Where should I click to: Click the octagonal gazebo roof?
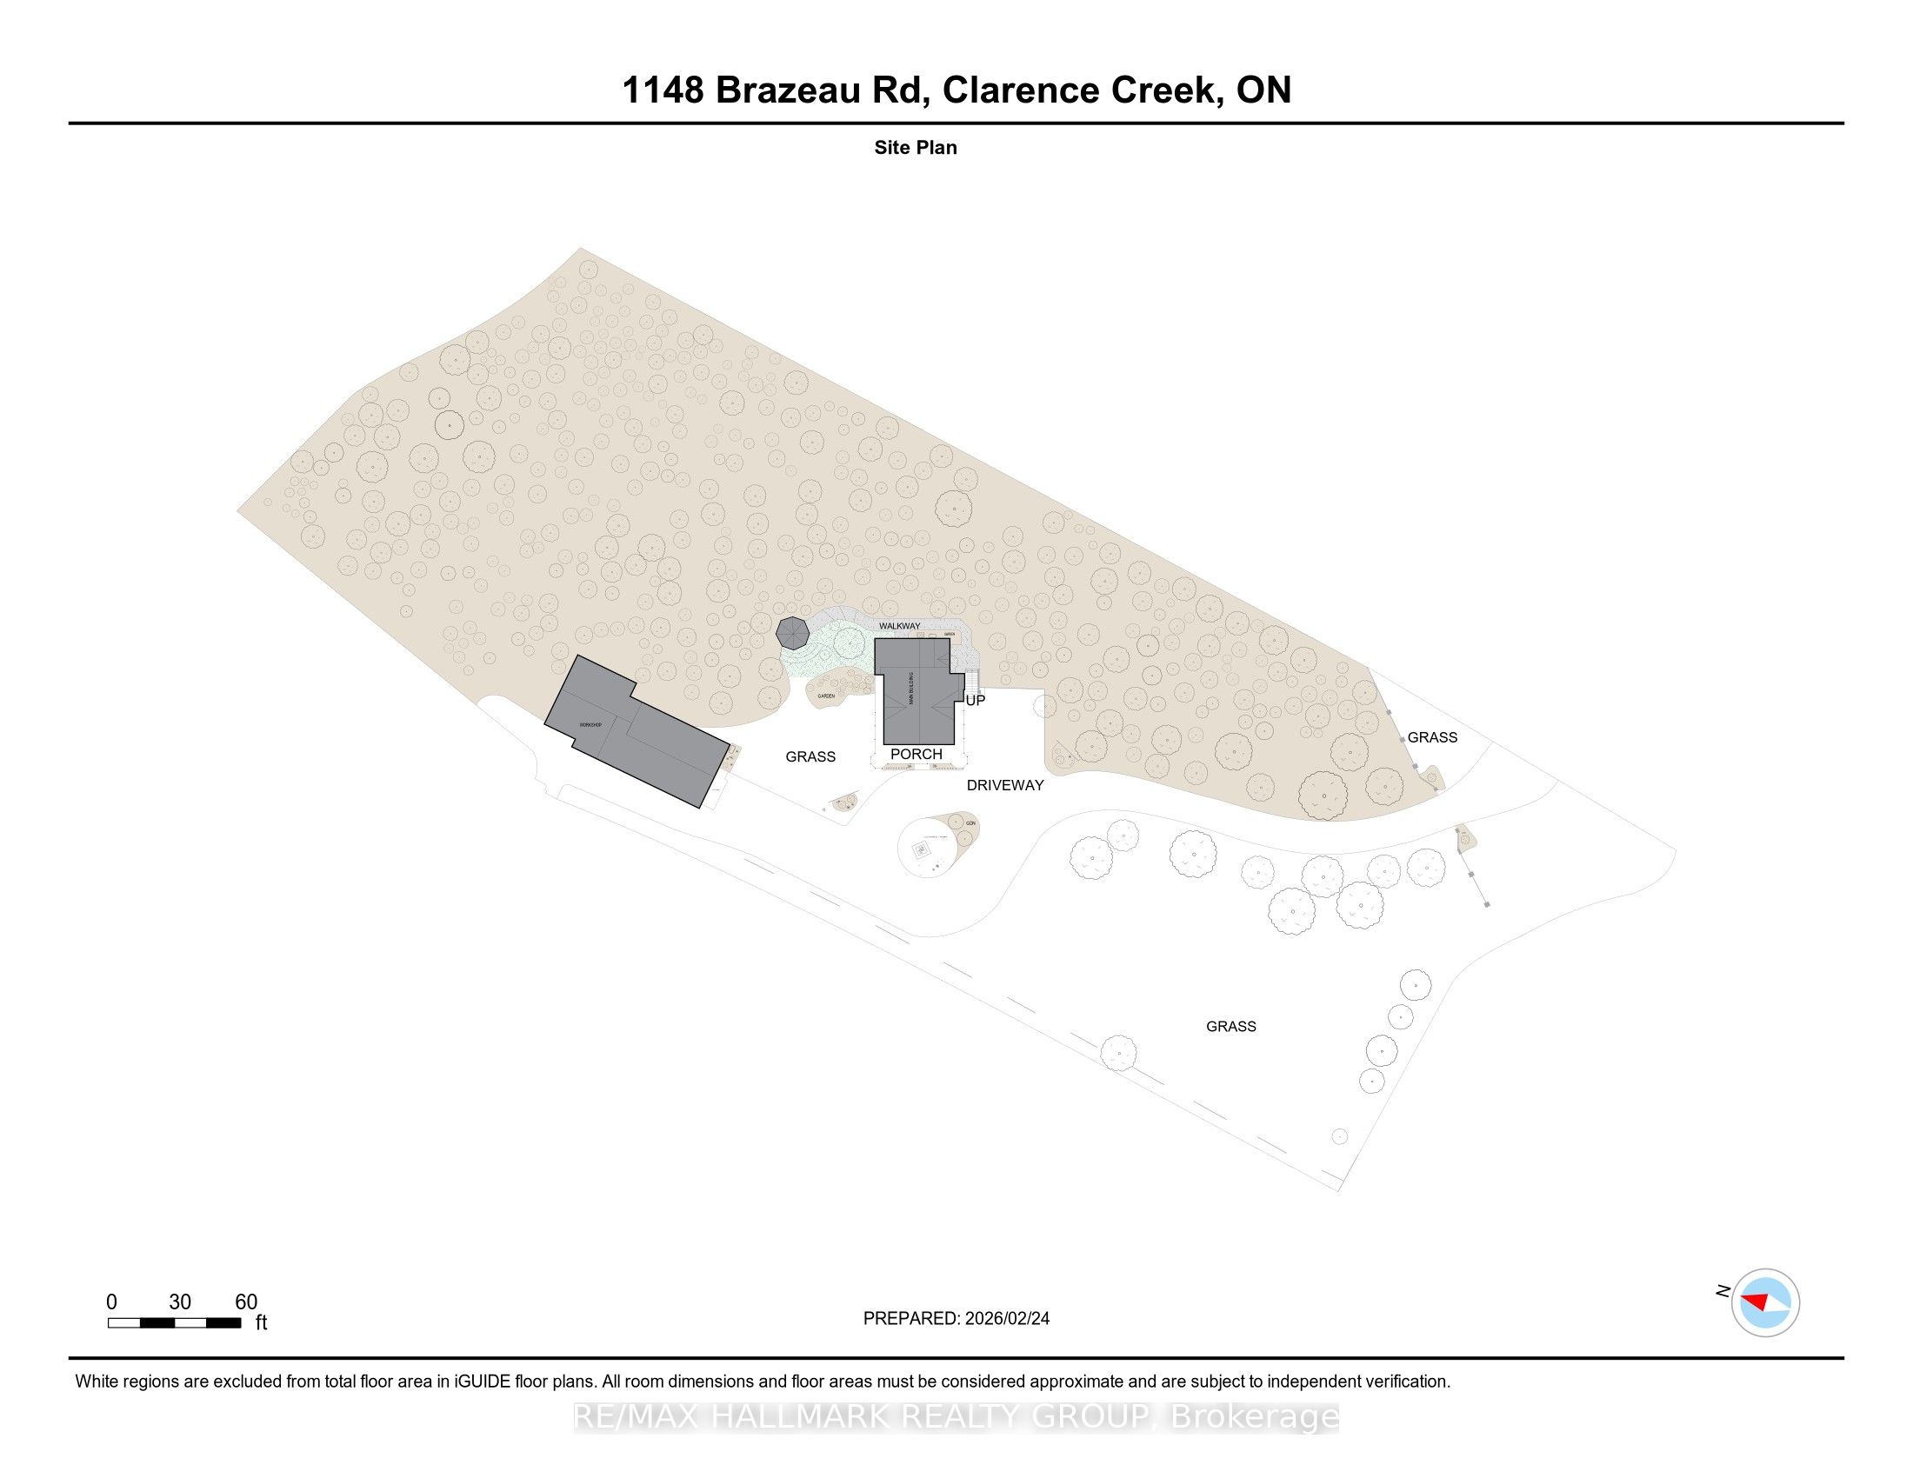793,632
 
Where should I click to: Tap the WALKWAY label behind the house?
900,626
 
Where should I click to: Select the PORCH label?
917,754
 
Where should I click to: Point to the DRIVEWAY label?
1004,785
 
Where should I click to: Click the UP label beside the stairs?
975,701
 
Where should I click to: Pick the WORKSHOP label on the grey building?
590,725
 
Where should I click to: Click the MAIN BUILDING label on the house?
912,689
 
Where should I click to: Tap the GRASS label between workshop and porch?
810,756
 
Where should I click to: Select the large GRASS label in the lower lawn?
1230,1026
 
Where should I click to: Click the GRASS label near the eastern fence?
1432,737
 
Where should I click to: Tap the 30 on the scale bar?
180,1302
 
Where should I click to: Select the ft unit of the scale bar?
261,1323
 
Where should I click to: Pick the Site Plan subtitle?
916,148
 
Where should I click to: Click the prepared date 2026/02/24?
1007,1319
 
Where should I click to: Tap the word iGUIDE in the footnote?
482,1381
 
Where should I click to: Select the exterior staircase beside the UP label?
970,682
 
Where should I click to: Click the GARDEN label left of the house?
826,696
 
